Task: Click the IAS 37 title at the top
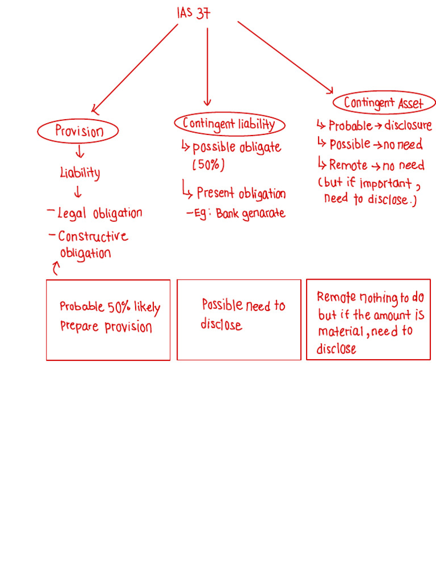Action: click(194, 12)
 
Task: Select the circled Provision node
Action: click(78, 132)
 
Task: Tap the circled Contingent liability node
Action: click(229, 124)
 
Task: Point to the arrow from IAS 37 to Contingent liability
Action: click(207, 65)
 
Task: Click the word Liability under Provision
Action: click(79, 172)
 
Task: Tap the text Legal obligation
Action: click(99, 214)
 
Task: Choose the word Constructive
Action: click(93, 236)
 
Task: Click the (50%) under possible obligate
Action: click(208, 166)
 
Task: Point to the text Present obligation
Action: click(241, 193)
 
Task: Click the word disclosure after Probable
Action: click(408, 125)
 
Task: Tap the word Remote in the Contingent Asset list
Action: click(348, 165)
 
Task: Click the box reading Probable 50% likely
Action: click(108, 319)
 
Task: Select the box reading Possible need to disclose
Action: click(239, 319)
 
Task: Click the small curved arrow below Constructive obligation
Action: click(55, 268)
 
